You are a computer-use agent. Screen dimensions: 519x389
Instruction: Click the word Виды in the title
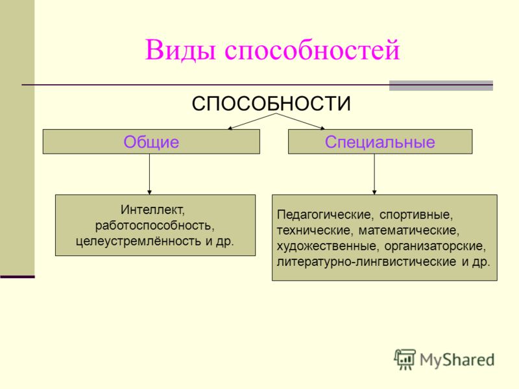point(181,50)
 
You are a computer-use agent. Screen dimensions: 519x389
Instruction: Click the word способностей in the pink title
point(312,51)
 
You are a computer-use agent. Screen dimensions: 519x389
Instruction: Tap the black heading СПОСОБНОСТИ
point(271,104)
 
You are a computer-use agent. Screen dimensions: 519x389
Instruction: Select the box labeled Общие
point(151,141)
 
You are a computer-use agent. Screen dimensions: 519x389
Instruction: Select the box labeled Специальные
point(380,141)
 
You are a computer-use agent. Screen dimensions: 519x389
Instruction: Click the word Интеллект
point(152,209)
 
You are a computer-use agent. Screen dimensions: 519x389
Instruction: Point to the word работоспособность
point(155,225)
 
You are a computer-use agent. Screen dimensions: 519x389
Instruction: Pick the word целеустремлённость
point(138,241)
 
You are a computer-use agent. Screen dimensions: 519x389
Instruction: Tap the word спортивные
point(416,215)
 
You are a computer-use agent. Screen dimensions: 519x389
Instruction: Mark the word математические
point(409,230)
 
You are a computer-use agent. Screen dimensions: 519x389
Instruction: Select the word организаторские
point(435,246)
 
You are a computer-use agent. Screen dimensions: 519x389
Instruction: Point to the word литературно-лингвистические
point(367,262)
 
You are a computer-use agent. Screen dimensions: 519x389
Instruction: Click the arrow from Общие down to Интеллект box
point(149,174)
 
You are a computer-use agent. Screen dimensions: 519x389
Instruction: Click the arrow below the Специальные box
point(374,174)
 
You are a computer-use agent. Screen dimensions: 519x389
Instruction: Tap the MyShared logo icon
point(404,359)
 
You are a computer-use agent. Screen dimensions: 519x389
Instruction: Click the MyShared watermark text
point(457,360)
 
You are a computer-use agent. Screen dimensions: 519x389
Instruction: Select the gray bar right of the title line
point(441,86)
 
